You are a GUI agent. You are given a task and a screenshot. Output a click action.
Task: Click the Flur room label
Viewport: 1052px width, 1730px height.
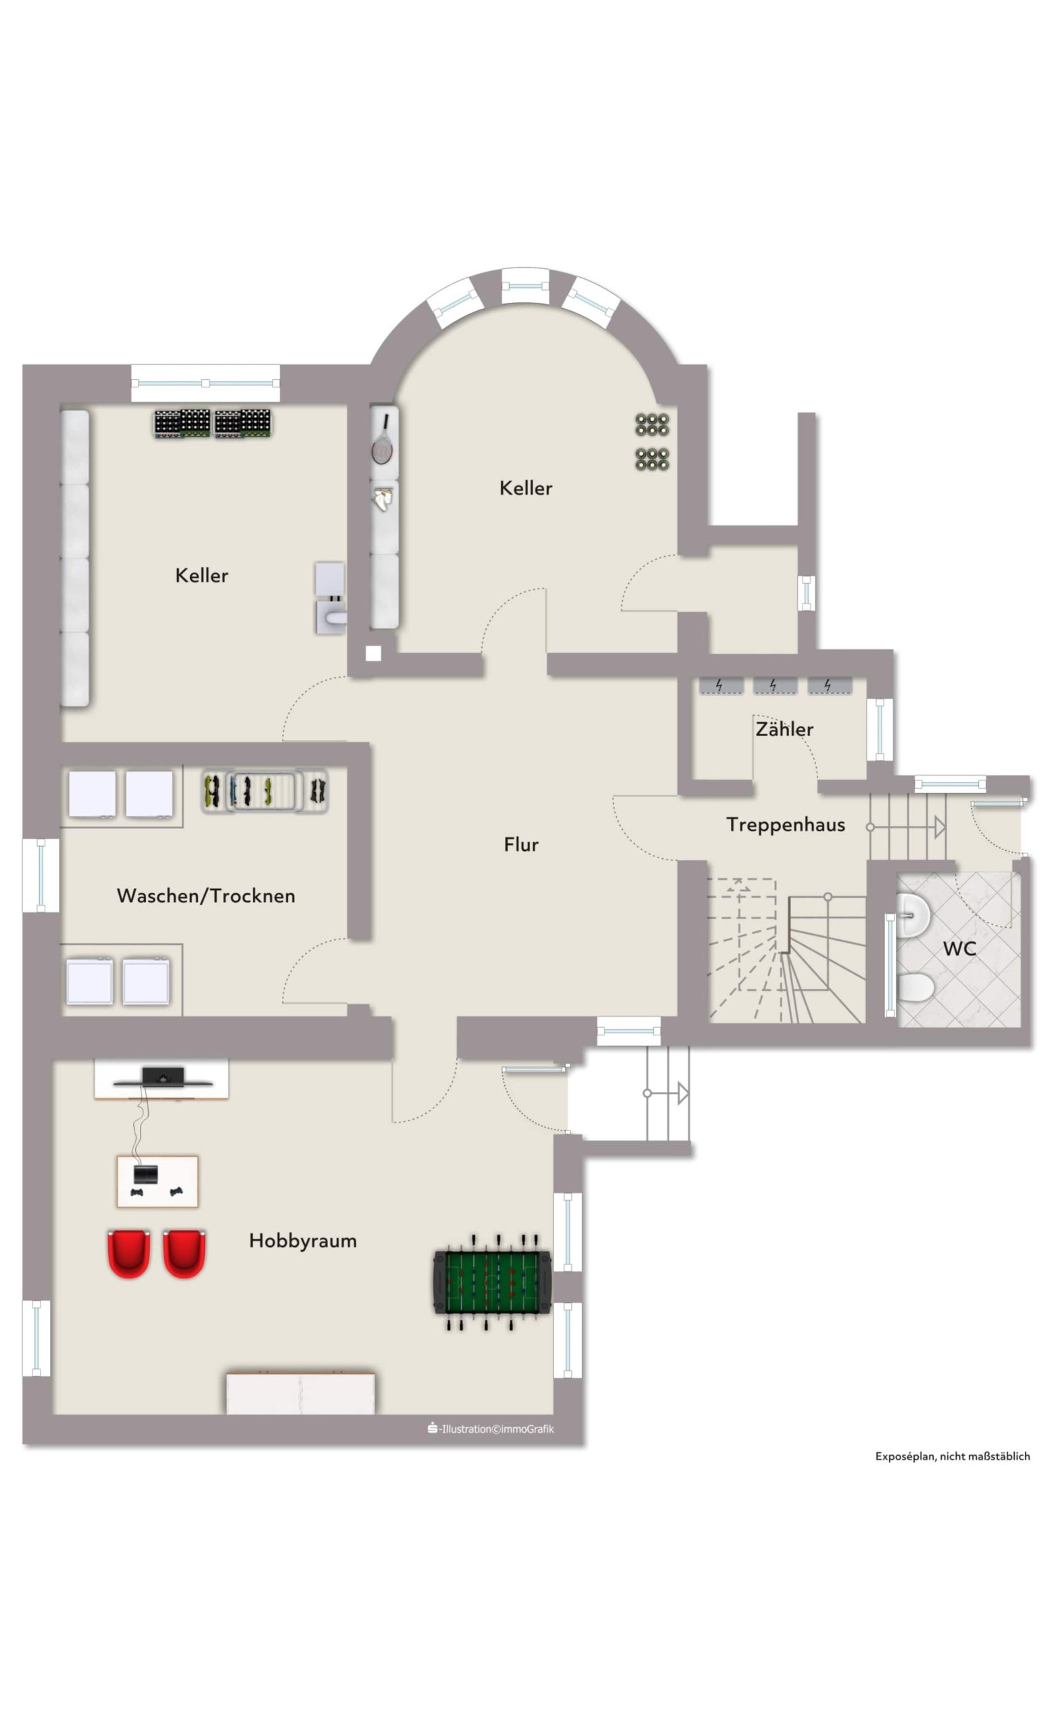(521, 844)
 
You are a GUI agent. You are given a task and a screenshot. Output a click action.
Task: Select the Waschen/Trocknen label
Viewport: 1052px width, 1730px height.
(206, 895)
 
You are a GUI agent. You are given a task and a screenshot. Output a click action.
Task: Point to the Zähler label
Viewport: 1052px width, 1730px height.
(784, 728)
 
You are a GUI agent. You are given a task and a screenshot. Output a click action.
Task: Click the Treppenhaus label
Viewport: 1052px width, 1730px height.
(785, 824)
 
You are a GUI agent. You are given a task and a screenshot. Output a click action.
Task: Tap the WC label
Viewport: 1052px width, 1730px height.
(959, 949)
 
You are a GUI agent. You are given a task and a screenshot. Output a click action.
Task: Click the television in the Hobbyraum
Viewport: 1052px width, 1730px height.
(163, 1077)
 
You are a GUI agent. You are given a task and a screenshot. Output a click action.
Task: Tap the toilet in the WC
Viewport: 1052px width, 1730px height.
(915, 989)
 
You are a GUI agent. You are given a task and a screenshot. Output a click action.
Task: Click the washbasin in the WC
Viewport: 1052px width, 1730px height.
(913, 915)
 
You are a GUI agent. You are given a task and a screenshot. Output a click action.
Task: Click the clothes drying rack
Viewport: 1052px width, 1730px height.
(265, 791)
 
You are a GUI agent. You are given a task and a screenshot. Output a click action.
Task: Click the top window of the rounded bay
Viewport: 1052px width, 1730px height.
(525, 286)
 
